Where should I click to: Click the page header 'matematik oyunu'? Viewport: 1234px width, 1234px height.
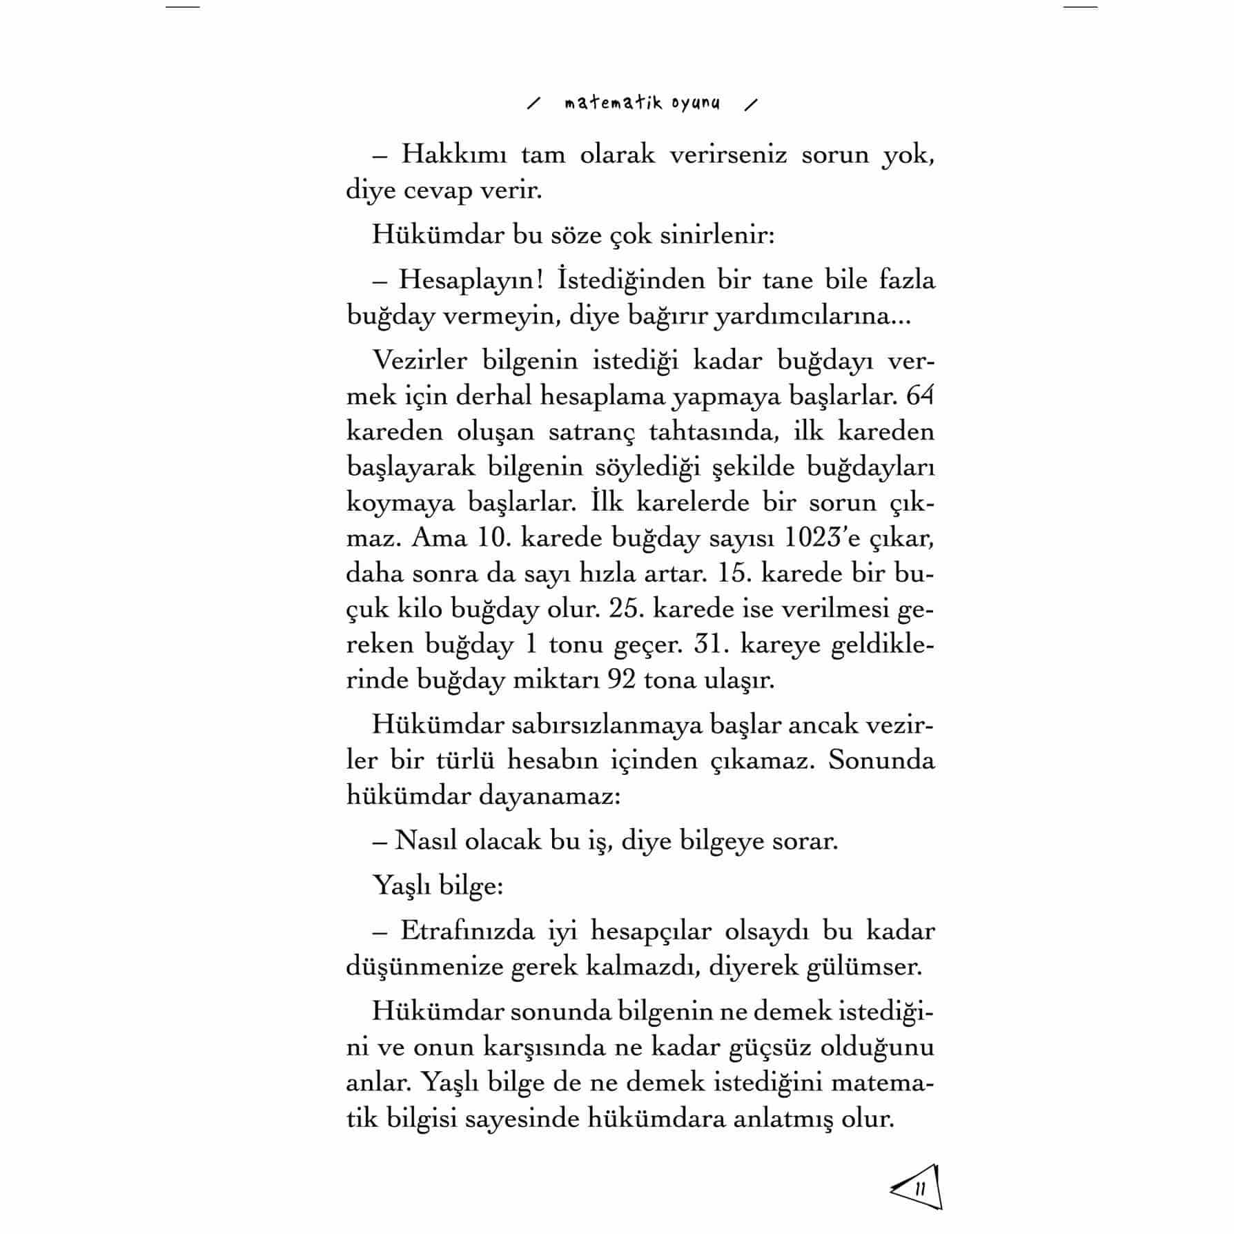(642, 104)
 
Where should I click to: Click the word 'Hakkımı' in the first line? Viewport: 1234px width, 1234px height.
(453, 154)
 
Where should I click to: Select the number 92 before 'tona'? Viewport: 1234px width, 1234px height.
(621, 680)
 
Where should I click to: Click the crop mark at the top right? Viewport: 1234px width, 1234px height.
(1080, 7)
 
